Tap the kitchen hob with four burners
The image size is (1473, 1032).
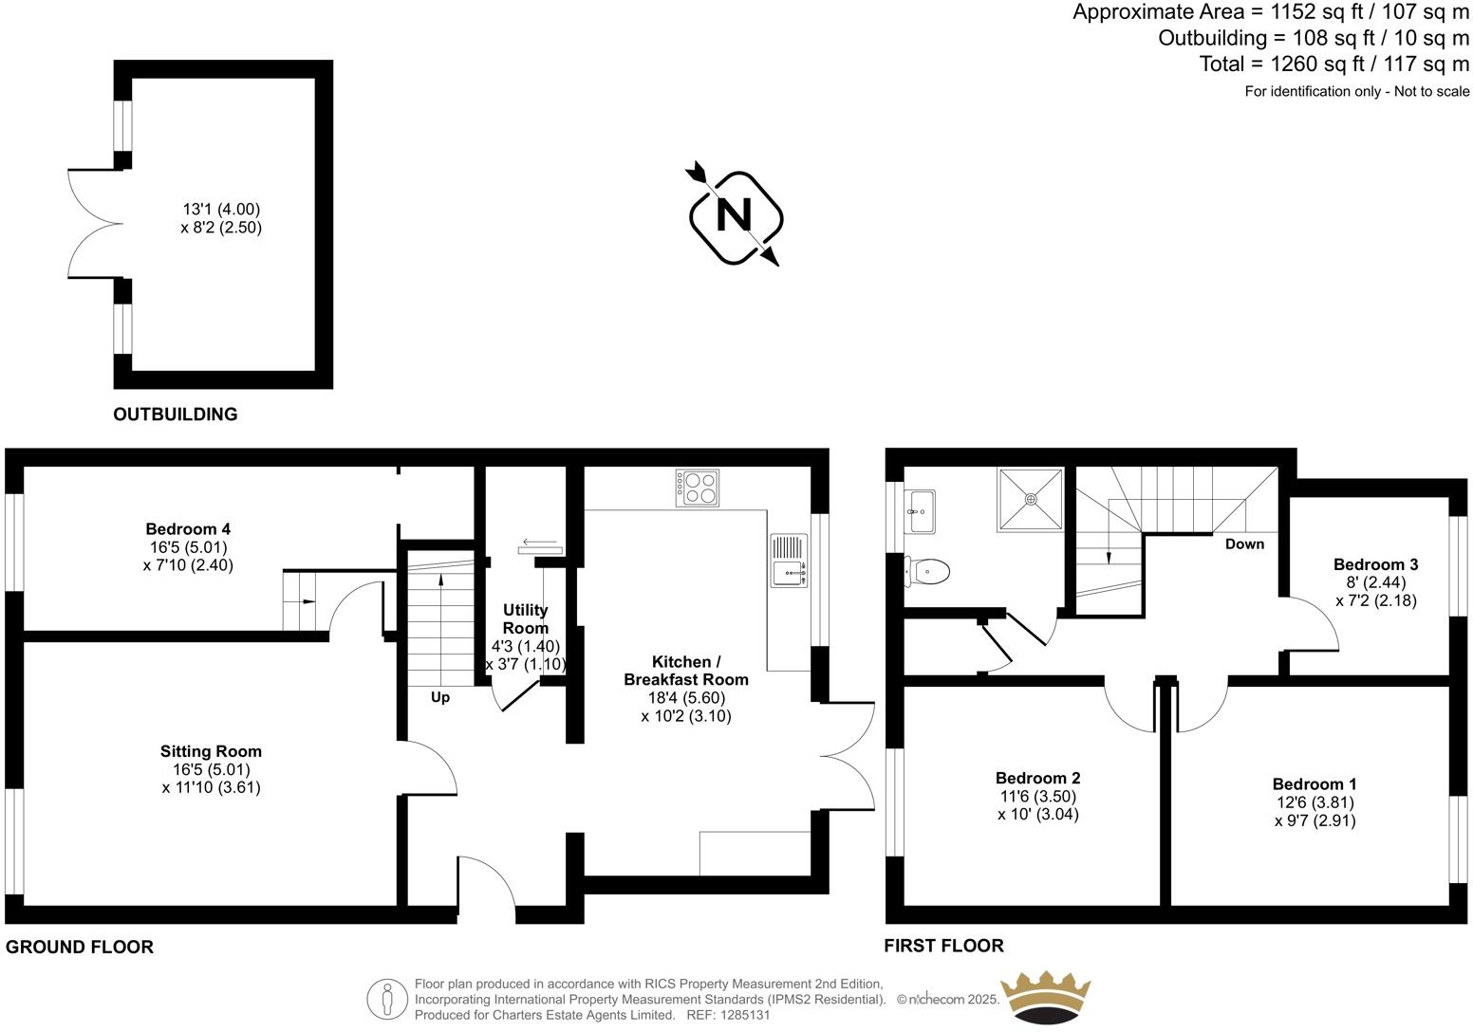[697, 487]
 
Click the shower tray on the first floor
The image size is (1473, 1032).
[1030, 500]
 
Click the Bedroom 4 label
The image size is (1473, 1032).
[188, 528]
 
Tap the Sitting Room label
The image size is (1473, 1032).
[211, 751]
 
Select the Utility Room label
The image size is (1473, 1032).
[525, 618]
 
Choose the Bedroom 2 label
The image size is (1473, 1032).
[1038, 778]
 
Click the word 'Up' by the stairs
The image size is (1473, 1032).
[440, 697]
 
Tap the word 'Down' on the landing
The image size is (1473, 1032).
[1244, 544]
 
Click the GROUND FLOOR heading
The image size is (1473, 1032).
[80, 947]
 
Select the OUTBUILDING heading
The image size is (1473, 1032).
[176, 415]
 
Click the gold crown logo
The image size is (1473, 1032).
[1047, 999]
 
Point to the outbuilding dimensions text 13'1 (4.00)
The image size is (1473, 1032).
[221, 209]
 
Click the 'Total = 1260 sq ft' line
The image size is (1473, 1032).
[1333, 64]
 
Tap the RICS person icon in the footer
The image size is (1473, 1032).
[386, 998]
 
